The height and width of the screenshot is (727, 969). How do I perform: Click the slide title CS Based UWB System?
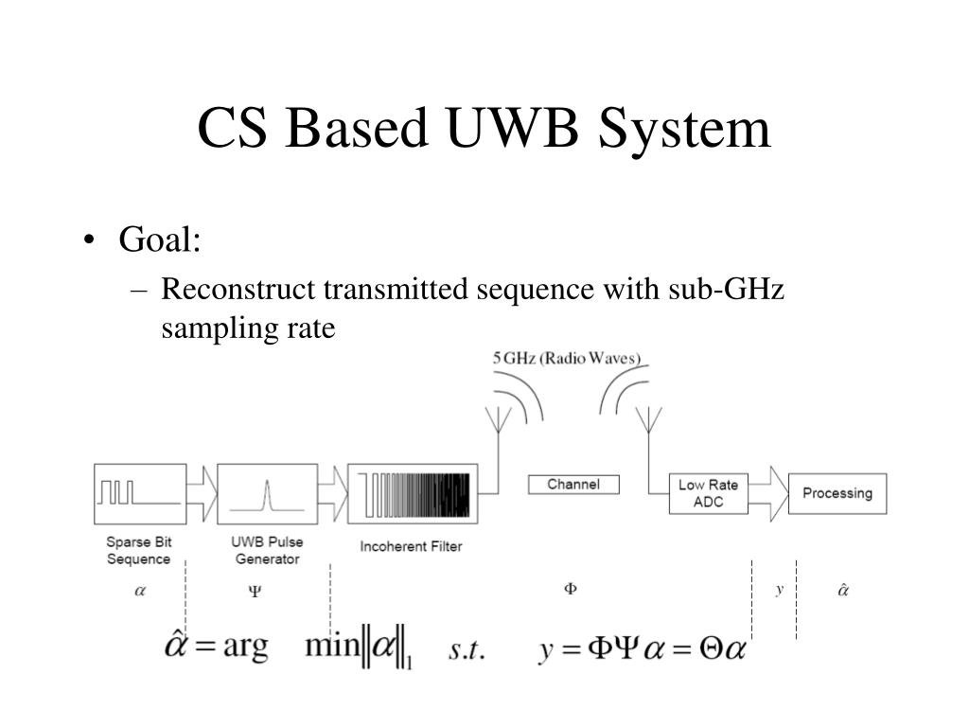(484, 129)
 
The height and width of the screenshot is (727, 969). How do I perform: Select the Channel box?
(573, 484)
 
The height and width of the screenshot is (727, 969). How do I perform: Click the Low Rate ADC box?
(708, 493)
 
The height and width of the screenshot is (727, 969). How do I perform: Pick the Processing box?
(837, 492)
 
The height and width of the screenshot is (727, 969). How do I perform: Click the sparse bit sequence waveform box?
(140, 493)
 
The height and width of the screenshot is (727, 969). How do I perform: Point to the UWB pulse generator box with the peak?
(267, 493)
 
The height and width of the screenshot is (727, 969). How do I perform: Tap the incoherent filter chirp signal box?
(413, 493)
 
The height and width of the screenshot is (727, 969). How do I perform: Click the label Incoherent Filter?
(411, 546)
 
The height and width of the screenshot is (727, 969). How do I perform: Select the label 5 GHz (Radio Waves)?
(567, 358)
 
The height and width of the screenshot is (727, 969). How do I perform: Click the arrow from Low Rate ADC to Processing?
(776, 493)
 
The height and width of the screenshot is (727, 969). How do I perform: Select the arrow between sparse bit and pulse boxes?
(202, 493)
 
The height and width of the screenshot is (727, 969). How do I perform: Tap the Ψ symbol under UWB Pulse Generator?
(255, 592)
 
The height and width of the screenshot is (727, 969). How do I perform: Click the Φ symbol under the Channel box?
(571, 589)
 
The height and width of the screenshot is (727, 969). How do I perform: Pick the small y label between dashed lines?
(780, 589)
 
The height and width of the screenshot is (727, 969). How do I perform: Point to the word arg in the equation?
(244, 648)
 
